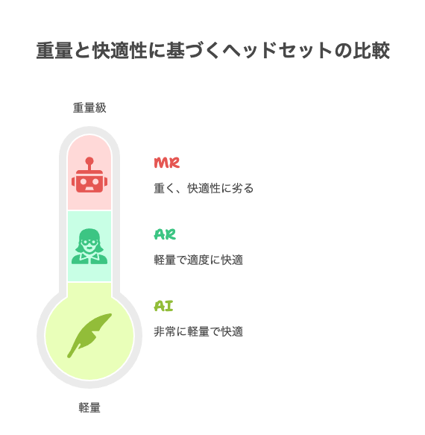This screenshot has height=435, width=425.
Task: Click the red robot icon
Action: click(x=89, y=175)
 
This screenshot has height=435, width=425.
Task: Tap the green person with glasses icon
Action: click(x=89, y=246)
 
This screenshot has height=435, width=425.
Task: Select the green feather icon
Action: click(x=89, y=336)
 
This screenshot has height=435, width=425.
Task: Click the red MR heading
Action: click(x=167, y=163)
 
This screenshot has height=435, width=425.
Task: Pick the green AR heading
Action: click(x=165, y=235)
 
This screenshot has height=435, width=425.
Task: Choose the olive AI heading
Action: click(x=163, y=306)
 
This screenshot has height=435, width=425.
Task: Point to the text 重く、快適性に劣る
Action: click(x=204, y=188)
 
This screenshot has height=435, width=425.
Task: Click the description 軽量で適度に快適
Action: click(x=198, y=260)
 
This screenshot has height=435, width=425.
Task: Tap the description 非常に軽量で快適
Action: click(x=198, y=331)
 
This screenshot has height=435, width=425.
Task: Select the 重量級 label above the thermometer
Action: click(x=89, y=107)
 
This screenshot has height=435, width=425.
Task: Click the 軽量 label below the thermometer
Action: click(x=89, y=407)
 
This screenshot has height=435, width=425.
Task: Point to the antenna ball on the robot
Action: click(x=89, y=161)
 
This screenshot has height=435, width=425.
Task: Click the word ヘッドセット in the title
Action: click(x=277, y=51)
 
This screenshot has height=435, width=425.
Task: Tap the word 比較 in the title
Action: click(x=371, y=51)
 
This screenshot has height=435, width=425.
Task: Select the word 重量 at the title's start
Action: click(x=54, y=51)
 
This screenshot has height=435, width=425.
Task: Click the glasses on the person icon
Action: click(x=89, y=242)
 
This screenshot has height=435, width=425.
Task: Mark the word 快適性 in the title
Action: click(x=119, y=51)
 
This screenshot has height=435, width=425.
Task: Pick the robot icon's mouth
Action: click(x=89, y=188)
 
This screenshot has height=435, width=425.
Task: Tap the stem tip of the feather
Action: click(x=69, y=356)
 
